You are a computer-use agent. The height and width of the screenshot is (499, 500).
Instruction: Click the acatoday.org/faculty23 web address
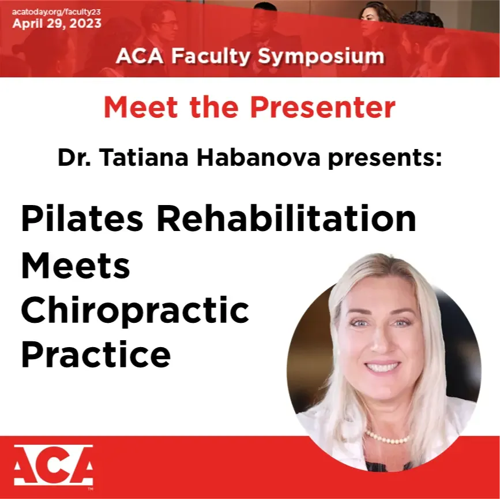pos(57,13)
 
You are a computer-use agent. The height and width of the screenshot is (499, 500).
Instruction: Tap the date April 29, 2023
pos(57,24)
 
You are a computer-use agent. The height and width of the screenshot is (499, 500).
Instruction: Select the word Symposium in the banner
pos(321,57)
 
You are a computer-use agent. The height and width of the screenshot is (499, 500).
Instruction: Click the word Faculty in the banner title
pos(210,57)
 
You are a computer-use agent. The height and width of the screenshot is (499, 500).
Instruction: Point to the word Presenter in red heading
pos(323,107)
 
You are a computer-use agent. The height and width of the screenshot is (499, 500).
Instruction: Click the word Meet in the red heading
pos(141,107)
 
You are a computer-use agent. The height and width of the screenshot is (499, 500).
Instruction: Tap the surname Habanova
pos(258,158)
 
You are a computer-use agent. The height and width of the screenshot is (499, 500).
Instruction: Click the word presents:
pos(385,159)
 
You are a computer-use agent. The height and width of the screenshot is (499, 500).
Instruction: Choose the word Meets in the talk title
pos(76,265)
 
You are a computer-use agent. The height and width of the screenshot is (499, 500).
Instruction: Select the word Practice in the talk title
pos(96,354)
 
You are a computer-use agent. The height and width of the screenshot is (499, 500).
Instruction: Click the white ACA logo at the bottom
pos(54,466)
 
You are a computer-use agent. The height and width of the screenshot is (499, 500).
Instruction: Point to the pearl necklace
pos(388,438)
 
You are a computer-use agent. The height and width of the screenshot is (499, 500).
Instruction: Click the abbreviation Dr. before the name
pos(74,158)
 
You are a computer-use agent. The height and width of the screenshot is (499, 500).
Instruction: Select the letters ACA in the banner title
pos(140,57)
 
